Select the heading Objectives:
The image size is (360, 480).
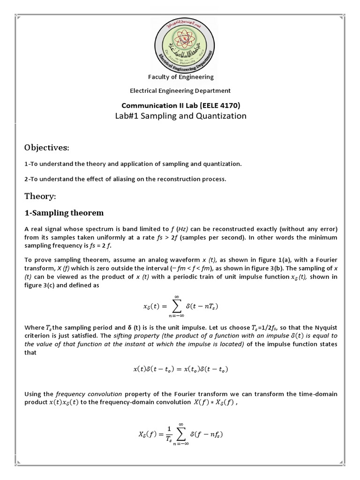(46, 148)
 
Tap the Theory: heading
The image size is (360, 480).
(40, 195)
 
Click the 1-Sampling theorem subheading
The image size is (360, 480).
(64, 213)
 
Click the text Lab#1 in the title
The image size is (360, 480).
(127, 116)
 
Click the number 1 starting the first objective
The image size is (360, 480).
(26, 164)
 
